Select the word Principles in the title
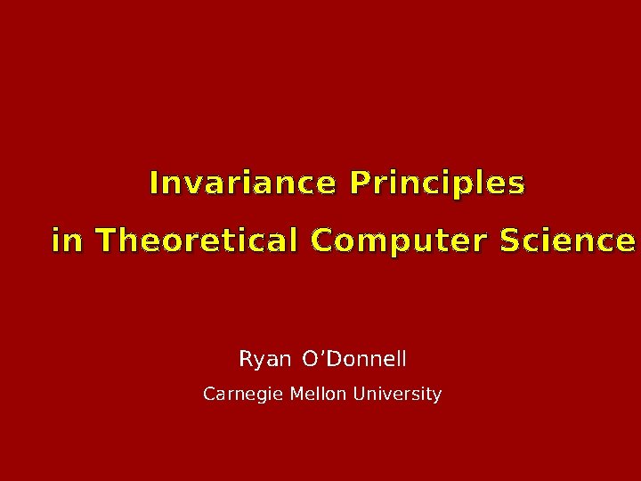coord(437,184)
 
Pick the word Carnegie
coord(239,394)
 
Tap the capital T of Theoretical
coord(102,240)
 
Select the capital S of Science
coord(511,240)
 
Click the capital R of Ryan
coord(247,359)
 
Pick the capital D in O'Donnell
coord(331,359)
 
